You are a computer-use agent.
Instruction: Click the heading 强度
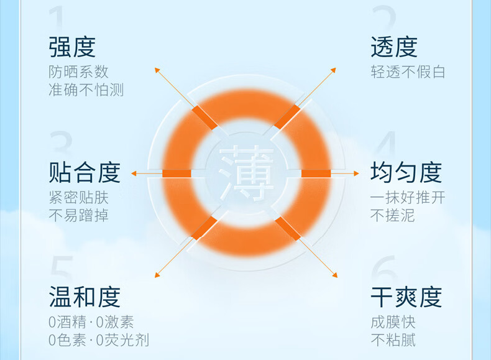72,47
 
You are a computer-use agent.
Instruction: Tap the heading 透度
394,47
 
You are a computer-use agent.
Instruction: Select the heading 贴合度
85,172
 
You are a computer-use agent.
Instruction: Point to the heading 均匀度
406,172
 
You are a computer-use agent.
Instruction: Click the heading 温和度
85,297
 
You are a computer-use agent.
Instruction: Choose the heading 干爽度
406,297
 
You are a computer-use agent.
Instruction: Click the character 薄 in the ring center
247,173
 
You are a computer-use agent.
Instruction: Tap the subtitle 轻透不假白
408,72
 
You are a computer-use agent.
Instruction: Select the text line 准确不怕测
86,90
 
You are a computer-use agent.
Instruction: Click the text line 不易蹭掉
78,216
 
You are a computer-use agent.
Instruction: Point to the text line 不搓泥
393,216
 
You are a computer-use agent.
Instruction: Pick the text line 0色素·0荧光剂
99,340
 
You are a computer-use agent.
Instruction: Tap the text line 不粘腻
393,340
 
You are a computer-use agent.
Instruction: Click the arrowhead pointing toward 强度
157,70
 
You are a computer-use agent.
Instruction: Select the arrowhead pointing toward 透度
334,70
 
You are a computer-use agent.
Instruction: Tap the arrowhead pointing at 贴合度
134,173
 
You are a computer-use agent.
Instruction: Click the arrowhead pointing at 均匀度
356,173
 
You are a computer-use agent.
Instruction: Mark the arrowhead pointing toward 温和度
157,275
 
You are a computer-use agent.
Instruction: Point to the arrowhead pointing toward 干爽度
335,275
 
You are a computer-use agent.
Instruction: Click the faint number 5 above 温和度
62,267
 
